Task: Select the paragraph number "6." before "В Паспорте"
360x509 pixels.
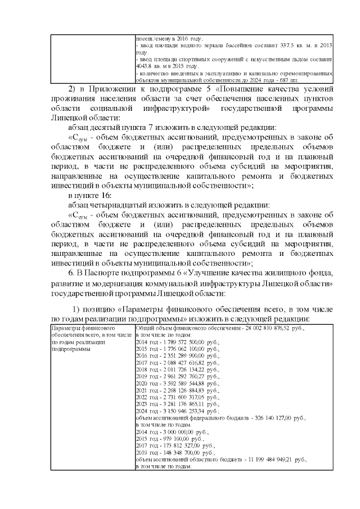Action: click(x=71, y=273)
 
